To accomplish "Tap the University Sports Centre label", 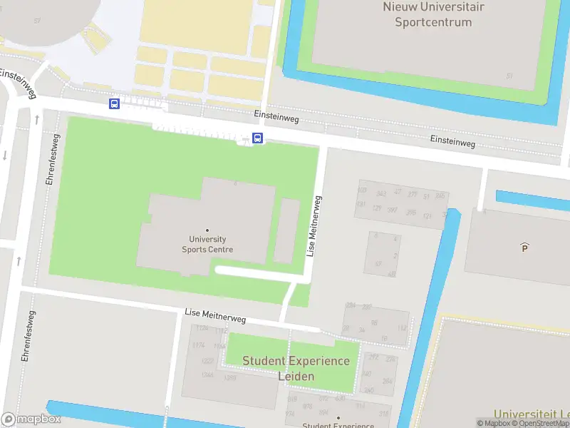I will coord(207,245).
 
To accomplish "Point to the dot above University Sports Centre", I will coord(207,230).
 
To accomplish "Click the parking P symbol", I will coord(525,248).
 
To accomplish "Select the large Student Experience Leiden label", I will coord(296,368).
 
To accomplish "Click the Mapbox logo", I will coord(31,419).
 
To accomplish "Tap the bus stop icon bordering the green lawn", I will coord(258,138).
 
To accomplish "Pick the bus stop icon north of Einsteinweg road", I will coord(114,104).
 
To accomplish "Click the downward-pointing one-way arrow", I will coord(5,156).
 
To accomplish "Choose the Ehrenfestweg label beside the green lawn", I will coord(51,159).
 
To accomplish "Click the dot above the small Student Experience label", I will coord(338,418).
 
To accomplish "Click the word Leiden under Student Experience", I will coord(296,376).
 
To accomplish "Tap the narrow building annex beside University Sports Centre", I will coord(286,230).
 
